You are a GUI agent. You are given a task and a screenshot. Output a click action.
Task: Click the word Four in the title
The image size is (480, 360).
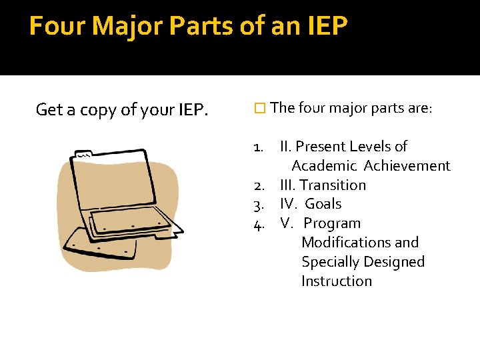click(x=57, y=26)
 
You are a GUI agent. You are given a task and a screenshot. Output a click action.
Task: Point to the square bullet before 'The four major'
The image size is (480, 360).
click(x=260, y=108)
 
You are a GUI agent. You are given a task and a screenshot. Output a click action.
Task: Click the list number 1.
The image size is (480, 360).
click(x=261, y=147)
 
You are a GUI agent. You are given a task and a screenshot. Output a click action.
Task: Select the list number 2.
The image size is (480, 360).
click(x=261, y=185)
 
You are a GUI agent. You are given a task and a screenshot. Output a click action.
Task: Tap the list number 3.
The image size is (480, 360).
click(x=261, y=205)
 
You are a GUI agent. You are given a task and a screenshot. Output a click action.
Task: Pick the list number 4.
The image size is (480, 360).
click(x=261, y=224)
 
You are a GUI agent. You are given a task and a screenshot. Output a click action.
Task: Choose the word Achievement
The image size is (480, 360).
click(x=407, y=166)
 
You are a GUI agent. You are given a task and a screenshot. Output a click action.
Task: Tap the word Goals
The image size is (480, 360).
click(x=323, y=205)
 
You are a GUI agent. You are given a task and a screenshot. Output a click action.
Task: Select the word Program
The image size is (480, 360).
click(x=332, y=224)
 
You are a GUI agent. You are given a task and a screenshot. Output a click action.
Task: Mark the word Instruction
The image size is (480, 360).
click(x=337, y=281)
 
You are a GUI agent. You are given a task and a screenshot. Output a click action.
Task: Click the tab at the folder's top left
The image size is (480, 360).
click(x=85, y=153)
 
